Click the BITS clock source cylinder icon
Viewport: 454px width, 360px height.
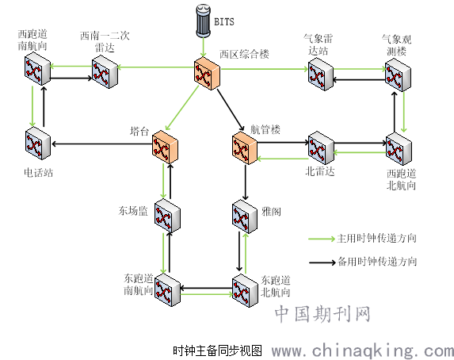pyautogui.click(x=203, y=21)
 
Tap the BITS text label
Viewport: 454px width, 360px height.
pyautogui.click(x=224, y=22)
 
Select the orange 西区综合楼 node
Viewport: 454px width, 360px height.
pyautogui.click(x=207, y=74)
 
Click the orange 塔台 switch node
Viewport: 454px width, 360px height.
pyautogui.click(x=165, y=147)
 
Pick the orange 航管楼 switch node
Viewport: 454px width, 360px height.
pyautogui.click(x=245, y=147)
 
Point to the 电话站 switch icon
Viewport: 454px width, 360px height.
pyautogui.click(x=38, y=144)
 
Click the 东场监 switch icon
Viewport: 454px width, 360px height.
pyautogui.click(x=167, y=216)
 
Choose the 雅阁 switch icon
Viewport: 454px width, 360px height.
pyautogui.click(x=245, y=216)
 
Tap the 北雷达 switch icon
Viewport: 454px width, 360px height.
pyautogui.click(x=321, y=147)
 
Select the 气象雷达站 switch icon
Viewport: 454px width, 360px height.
pyautogui.click(x=321, y=75)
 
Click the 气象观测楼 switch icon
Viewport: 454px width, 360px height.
pyautogui.click(x=398, y=75)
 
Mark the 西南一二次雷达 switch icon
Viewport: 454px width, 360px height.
pyautogui.click(x=105, y=72)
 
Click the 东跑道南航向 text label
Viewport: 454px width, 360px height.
pyautogui.click(x=139, y=285)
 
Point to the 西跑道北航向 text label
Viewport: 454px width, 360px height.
pyautogui.click(x=401, y=179)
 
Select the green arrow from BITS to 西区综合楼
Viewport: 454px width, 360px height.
pyautogui.click(x=204, y=47)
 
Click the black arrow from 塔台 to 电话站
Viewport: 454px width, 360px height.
pyautogui.click(x=101, y=144)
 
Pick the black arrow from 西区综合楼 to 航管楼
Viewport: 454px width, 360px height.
pyautogui.click(x=231, y=110)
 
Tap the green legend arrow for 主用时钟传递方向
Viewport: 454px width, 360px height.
pyautogui.click(x=322, y=239)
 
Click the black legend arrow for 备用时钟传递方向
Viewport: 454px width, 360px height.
pyautogui.click(x=322, y=262)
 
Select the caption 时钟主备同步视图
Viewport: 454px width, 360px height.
pyautogui.click(x=217, y=350)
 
